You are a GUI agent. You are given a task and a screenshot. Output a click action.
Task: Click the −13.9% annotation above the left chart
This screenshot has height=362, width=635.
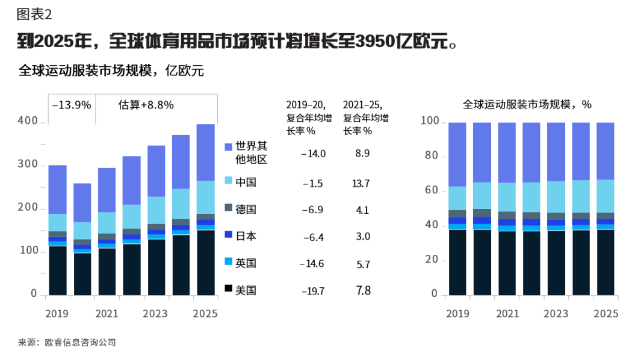[72, 105]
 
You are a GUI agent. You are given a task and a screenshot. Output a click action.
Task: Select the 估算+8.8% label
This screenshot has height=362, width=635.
[146, 105]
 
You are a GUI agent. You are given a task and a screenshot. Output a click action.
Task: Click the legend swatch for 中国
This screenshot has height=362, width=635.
[229, 181]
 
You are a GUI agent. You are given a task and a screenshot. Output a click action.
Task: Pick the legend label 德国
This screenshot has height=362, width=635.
[246, 209]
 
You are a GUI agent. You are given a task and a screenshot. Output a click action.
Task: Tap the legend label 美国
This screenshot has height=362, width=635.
[246, 290]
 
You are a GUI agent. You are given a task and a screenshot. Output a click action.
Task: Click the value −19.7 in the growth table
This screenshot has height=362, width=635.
[313, 292]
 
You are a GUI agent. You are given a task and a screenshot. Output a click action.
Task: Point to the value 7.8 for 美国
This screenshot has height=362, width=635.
[363, 291]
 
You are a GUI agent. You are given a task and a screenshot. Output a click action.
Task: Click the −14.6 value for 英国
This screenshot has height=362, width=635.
[313, 264]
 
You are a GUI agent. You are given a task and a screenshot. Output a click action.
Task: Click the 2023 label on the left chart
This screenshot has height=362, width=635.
[155, 314]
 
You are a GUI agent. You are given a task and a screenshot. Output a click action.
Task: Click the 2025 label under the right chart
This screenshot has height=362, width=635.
[606, 314]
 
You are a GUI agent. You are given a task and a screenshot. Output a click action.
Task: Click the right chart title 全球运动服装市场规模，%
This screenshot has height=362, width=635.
[527, 104]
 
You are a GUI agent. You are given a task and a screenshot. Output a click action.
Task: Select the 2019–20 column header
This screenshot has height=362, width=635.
[305, 104]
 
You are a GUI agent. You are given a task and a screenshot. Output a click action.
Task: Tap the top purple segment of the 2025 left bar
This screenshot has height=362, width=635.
[206, 152]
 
